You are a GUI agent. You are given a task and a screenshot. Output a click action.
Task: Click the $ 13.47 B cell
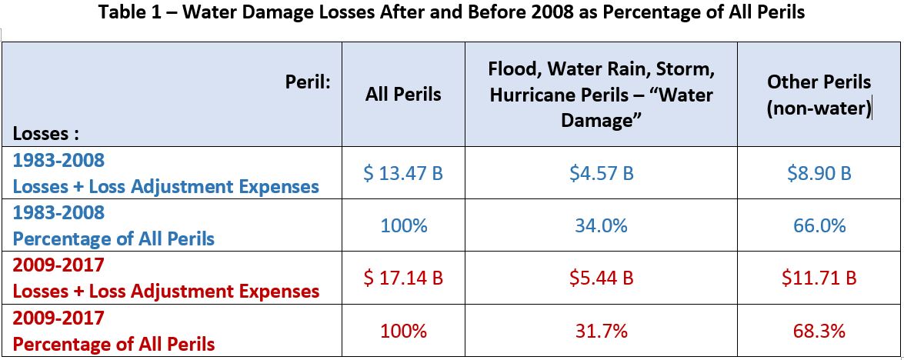(x=403, y=173)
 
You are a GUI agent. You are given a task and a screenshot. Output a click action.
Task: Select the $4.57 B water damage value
(x=601, y=173)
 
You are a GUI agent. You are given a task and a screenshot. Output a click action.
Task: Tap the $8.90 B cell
(x=819, y=173)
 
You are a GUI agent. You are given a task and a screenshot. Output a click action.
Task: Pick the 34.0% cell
(x=601, y=225)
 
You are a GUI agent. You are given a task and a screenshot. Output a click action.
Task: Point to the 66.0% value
(x=819, y=225)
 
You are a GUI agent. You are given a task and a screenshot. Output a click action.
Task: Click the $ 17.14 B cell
(x=403, y=278)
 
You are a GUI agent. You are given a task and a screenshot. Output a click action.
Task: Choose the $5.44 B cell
(x=601, y=278)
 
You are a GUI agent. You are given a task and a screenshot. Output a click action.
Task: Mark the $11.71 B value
(x=819, y=278)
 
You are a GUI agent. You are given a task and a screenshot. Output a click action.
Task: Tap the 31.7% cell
(x=601, y=331)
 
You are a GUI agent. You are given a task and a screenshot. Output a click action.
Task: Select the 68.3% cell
(x=819, y=331)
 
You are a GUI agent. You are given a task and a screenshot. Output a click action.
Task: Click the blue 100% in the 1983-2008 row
(x=403, y=225)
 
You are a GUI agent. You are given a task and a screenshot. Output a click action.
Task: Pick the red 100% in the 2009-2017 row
(x=403, y=331)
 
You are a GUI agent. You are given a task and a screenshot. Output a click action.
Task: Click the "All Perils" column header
(x=403, y=95)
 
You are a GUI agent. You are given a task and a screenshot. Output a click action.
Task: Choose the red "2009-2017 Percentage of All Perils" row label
(x=113, y=331)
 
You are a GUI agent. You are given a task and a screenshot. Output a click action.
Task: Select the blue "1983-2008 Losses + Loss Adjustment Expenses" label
(x=165, y=173)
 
